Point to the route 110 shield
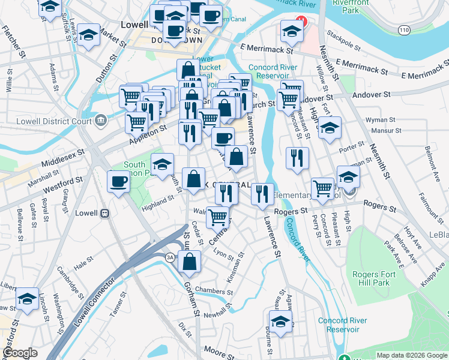click(405, 29)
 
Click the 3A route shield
click(170, 257)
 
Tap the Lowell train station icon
click(104, 213)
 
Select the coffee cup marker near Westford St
click(118, 181)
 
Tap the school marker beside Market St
click(89, 35)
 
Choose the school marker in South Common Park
click(162, 163)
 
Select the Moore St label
click(220, 349)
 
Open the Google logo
click(20, 353)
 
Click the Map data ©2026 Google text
click(411, 355)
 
